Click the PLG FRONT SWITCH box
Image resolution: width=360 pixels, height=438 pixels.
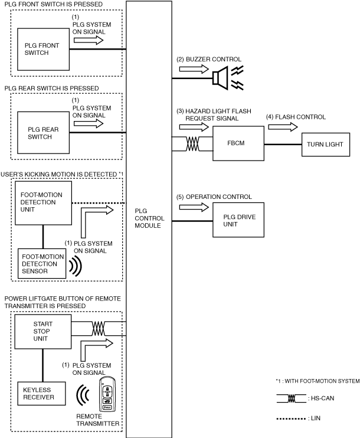43,49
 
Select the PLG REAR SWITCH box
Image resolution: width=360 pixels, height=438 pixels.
43,133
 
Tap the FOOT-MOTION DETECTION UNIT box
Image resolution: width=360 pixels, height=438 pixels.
43,203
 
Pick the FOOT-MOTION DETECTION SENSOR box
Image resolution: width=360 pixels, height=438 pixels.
42,263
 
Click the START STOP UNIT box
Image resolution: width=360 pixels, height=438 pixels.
43,332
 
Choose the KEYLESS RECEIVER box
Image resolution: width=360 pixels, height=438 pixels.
42,394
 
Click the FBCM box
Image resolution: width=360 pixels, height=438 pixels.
238,143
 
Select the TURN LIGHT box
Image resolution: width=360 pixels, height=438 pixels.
326,145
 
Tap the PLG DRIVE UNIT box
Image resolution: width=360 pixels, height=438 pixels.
238,220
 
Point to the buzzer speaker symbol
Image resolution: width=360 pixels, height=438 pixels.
221,78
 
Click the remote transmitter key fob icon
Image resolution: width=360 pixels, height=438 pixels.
107,394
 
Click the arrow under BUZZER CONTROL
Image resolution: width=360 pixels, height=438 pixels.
194,68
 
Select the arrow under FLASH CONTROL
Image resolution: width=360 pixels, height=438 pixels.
283,127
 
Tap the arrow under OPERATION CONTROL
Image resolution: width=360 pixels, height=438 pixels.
194,207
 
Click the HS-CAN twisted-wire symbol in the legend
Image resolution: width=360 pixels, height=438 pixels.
292,398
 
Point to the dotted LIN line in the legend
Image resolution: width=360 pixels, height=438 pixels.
291,419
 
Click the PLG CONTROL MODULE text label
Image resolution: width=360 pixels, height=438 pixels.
149,218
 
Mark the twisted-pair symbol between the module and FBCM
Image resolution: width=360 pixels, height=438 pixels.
193,144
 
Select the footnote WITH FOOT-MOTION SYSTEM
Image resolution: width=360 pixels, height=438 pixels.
322,381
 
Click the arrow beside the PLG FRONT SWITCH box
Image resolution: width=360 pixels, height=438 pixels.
89,40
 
